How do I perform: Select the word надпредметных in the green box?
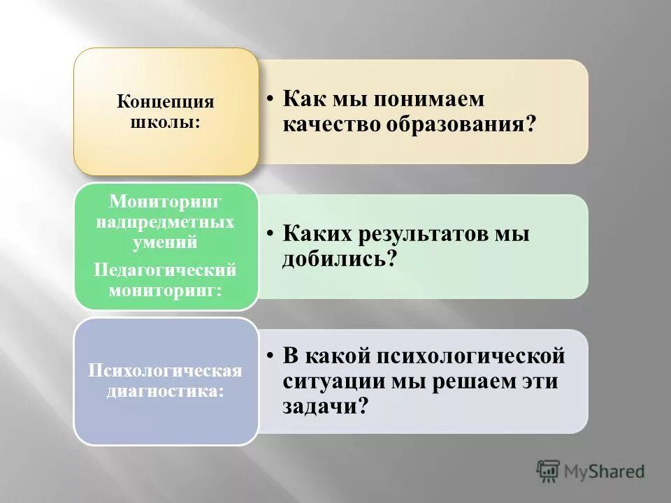pos(166,223)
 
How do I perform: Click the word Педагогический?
pos(166,269)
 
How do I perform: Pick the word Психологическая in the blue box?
pos(165,370)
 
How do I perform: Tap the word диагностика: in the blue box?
pos(166,391)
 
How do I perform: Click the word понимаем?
pos(428,99)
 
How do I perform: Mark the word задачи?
pos(325,407)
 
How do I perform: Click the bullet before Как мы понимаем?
pos(270,99)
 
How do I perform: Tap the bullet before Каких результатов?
pos(270,234)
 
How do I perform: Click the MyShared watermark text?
pos(605,471)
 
